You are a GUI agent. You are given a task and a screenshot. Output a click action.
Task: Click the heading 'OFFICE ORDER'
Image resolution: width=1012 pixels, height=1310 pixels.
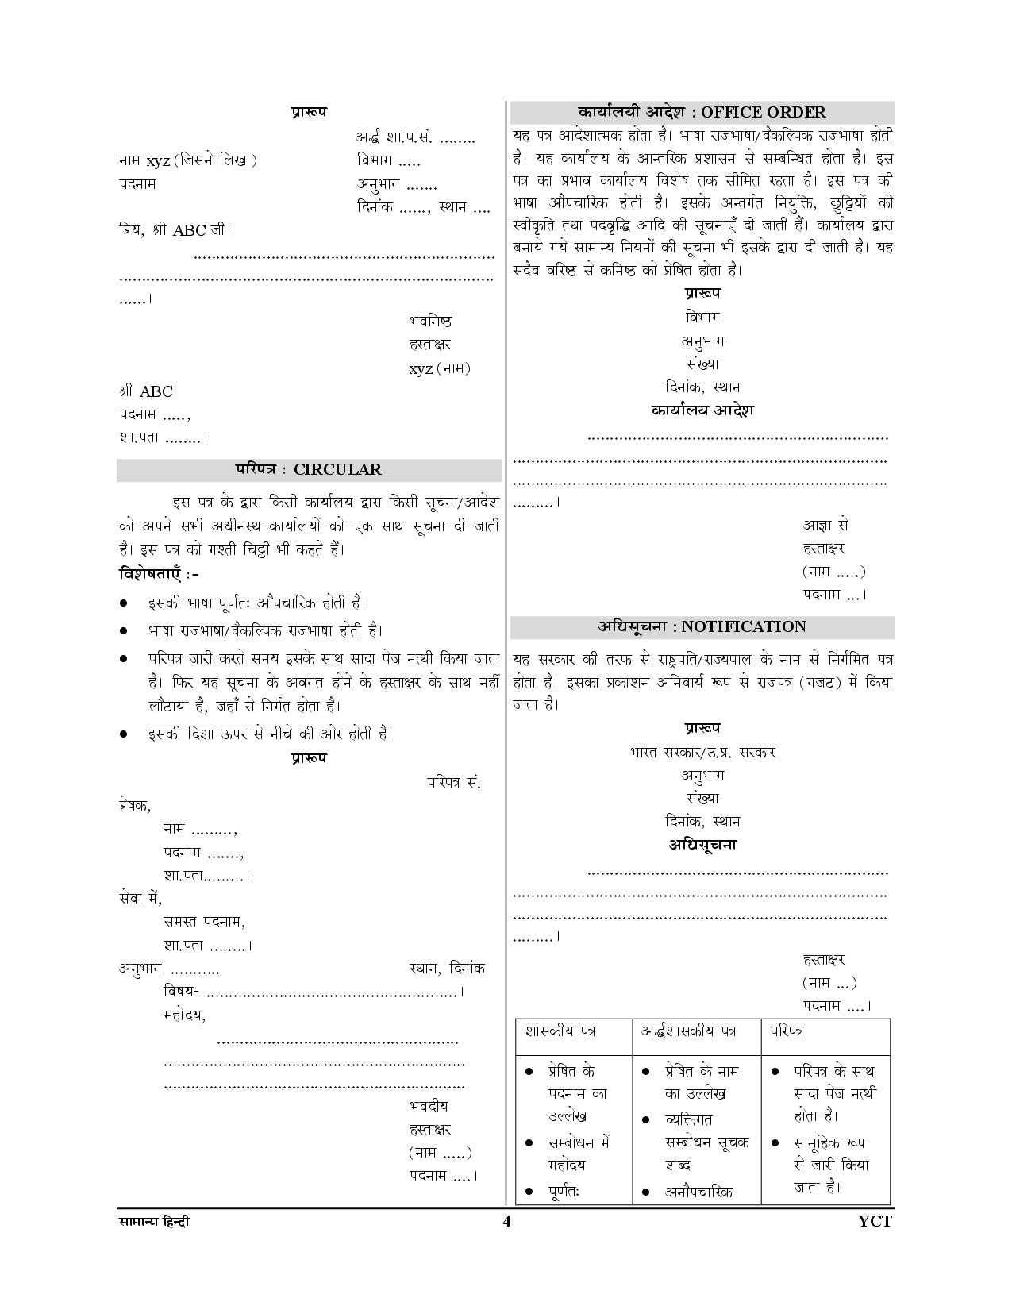[x=763, y=112]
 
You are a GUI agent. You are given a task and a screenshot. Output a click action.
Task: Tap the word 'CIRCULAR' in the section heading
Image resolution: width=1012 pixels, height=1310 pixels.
[x=337, y=469]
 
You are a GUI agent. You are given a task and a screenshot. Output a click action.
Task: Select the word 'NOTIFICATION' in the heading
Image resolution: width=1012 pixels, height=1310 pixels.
[x=744, y=626]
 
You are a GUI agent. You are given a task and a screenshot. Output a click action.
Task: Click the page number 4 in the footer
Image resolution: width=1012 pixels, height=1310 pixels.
[x=506, y=1221]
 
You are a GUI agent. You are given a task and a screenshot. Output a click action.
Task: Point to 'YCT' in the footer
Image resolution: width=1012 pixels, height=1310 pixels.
[x=875, y=1221]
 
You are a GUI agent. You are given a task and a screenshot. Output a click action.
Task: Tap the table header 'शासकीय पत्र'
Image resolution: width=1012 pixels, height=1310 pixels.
[x=560, y=1031]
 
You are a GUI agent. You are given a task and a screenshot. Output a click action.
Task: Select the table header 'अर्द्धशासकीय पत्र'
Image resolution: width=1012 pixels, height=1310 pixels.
[x=688, y=1031]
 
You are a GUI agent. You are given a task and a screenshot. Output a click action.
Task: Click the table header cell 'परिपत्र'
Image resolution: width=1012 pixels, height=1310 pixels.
[x=787, y=1031]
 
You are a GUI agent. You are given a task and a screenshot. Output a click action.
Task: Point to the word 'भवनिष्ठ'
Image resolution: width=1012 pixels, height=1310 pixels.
[x=431, y=321]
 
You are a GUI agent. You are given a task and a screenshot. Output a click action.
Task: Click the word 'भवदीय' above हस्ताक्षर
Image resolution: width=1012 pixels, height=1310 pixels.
[x=429, y=1105]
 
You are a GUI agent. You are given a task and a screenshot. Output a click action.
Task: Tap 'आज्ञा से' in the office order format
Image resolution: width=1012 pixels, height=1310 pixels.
[x=825, y=525]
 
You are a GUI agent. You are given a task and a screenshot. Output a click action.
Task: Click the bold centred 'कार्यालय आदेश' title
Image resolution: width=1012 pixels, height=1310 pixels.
[x=702, y=410]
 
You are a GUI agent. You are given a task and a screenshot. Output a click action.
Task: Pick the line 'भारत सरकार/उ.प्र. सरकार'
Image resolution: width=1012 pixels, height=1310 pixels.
[x=702, y=751]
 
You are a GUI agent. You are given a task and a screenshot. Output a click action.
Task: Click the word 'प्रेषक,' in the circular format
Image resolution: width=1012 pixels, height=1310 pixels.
[x=134, y=804]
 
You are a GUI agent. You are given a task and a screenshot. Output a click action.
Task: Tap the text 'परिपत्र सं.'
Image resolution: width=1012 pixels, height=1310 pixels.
[x=453, y=782]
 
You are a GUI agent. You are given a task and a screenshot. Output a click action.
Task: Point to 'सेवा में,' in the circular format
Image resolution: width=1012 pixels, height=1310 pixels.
[x=140, y=898]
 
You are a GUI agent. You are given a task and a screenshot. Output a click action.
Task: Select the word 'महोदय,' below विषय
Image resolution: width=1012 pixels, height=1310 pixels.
[x=185, y=1015]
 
